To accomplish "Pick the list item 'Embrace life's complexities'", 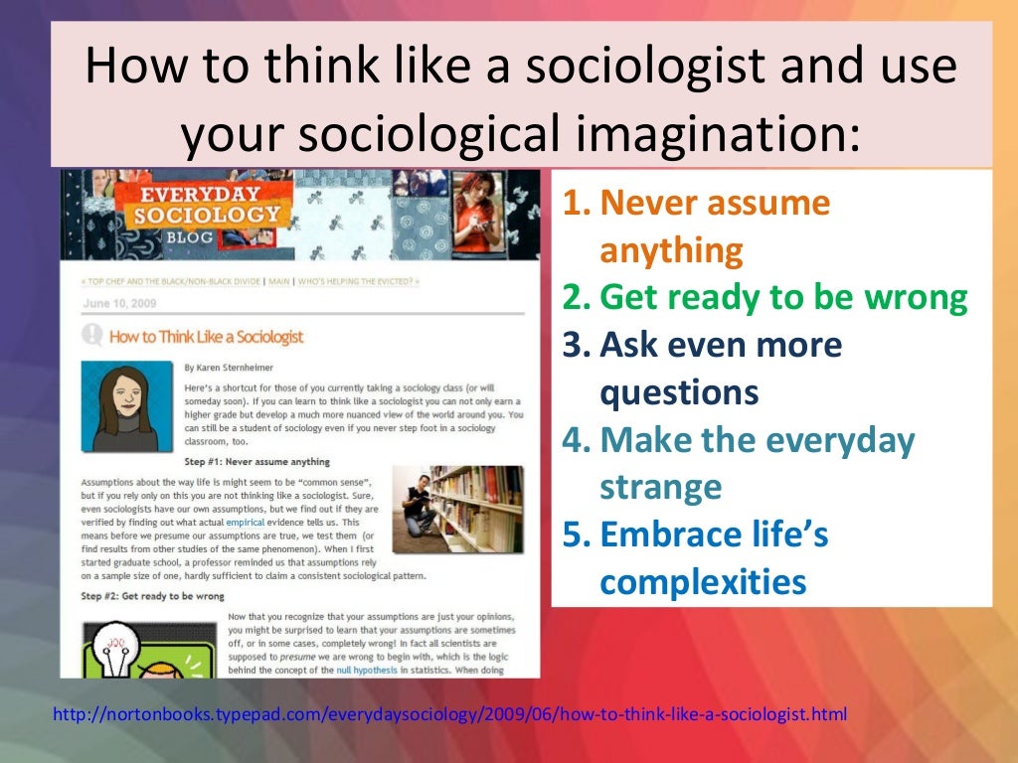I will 704,559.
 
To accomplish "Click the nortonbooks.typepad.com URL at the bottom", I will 446,713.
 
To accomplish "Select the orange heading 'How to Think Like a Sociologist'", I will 206,336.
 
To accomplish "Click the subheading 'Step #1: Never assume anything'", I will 256,462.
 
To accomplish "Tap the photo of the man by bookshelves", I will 456,510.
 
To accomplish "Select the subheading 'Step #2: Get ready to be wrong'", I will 155,596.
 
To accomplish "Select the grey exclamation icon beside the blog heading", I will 92,335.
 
